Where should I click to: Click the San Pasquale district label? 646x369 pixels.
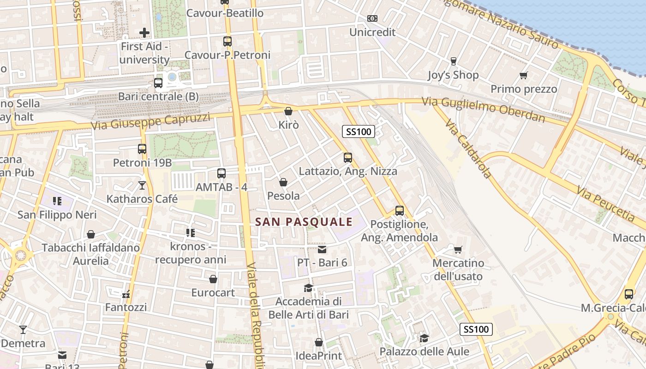point(304,222)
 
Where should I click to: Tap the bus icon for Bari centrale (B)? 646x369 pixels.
point(158,83)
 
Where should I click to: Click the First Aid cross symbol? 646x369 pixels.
point(144,33)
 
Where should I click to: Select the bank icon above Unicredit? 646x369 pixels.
point(372,18)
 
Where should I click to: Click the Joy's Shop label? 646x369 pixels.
point(453,75)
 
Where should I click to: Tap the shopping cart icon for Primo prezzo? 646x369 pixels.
point(523,75)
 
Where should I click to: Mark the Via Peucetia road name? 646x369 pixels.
point(606,203)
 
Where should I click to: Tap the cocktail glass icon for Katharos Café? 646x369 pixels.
point(142,185)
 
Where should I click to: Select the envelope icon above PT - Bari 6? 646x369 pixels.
point(322,250)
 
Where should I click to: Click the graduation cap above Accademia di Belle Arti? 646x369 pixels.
point(308,288)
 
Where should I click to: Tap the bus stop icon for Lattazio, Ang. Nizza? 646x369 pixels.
point(348,158)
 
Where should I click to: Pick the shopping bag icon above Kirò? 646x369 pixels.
point(288,111)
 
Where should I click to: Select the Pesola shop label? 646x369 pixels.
point(283,196)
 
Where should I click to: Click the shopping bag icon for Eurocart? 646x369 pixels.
point(213,279)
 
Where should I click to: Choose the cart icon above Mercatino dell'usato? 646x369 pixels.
point(458,250)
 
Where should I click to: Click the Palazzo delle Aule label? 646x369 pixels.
point(424,351)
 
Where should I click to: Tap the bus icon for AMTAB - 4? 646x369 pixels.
point(221,173)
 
